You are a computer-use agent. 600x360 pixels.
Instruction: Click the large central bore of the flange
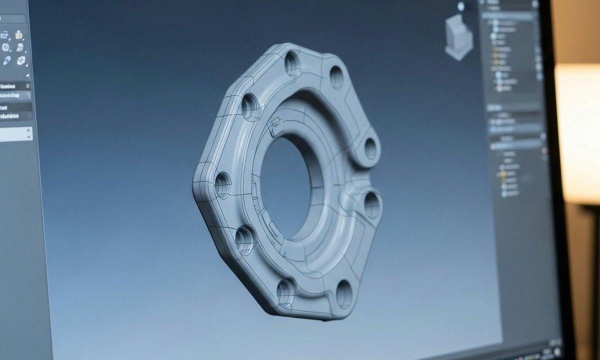(286, 187)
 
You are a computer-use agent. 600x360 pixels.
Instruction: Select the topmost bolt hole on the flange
(293, 64)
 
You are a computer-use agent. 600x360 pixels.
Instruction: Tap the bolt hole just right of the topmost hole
(336, 77)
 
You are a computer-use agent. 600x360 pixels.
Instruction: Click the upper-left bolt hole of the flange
(249, 107)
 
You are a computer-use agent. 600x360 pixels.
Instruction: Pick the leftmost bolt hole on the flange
(222, 185)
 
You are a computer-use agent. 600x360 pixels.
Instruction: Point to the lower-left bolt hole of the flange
(245, 240)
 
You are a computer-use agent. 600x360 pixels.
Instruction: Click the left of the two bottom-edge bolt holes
(285, 293)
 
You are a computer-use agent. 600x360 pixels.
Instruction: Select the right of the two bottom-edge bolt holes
(344, 294)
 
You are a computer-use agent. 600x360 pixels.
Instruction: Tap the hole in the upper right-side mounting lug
(370, 148)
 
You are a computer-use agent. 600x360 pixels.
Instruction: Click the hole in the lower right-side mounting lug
(371, 205)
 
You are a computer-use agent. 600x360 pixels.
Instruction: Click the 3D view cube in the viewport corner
(458, 37)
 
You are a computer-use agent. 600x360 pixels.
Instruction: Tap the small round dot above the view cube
(460, 6)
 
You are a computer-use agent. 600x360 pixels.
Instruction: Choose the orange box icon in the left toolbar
(18, 35)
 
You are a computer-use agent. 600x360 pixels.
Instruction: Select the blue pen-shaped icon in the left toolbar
(7, 60)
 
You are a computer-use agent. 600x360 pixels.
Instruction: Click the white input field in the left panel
(15, 134)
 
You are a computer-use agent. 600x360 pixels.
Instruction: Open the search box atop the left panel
(13, 18)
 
